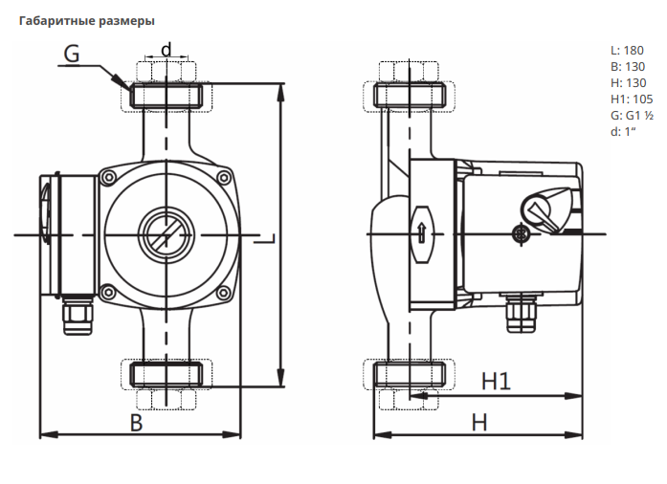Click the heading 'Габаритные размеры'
tap(87, 20)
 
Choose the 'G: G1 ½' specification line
tap(631, 115)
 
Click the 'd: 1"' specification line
tap(623, 131)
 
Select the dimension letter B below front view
tap(136, 422)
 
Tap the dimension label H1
tap(496, 381)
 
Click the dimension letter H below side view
tap(479, 422)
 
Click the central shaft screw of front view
tap(166, 231)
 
